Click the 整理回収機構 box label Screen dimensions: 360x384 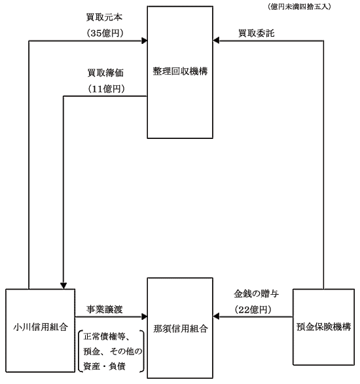point(180,71)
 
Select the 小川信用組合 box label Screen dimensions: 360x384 point(41,327)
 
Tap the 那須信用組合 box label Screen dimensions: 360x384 point(181,329)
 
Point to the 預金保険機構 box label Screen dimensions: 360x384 point(323,327)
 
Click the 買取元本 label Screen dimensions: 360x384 point(104,17)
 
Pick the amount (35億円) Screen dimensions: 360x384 point(105,33)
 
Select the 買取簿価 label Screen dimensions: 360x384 point(105,73)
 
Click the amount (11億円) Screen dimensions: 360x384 point(106,88)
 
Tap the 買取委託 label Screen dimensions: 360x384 point(257,33)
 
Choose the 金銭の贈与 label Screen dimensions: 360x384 point(257,294)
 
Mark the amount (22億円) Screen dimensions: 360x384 point(253,310)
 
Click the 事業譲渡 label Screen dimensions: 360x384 point(105,309)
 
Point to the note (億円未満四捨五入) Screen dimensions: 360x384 point(299,7)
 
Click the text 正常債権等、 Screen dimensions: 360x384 point(107,337)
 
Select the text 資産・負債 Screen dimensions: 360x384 point(105,366)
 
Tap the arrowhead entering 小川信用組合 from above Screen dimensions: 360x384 point(63,286)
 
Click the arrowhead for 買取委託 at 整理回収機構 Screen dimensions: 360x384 point(216,41)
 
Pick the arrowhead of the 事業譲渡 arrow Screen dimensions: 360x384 point(144,317)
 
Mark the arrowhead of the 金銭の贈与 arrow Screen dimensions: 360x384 point(216,317)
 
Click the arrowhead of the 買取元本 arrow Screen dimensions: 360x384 point(144,41)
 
